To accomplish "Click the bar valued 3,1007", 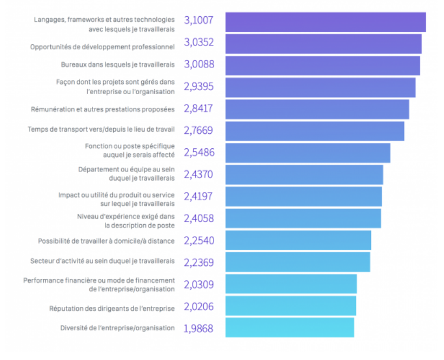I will pyautogui.click(x=325, y=22).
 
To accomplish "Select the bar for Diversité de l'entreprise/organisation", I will pyautogui.click(x=289, y=328).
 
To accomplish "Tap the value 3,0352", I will pyautogui.click(x=199, y=43).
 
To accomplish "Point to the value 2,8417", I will pyautogui.click(x=198, y=109).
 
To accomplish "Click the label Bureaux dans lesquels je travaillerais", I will pyautogui.click(x=117, y=65).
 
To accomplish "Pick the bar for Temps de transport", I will pyautogui.click(x=314, y=131).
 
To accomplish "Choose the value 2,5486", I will pyautogui.click(x=199, y=153).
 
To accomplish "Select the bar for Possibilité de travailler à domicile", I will pyautogui.click(x=298, y=240).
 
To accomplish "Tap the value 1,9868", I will pyautogui.click(x=198, y=328).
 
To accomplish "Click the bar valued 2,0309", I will pyautogui.click(x=291, y=284).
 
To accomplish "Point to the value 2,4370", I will pyautogui.click(x=198, y=174).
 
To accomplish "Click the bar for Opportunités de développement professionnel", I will pyautogui.click(x=323, y=43).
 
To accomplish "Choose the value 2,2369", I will pyautogui.click(x=198, y=263).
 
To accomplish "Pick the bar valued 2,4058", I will pyautogui.click(x=303, y=218).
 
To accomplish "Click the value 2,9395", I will pyautogui.click(x=198, y=87).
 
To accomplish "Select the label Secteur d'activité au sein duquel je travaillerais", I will pyautogui.click(x=102, y=261).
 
